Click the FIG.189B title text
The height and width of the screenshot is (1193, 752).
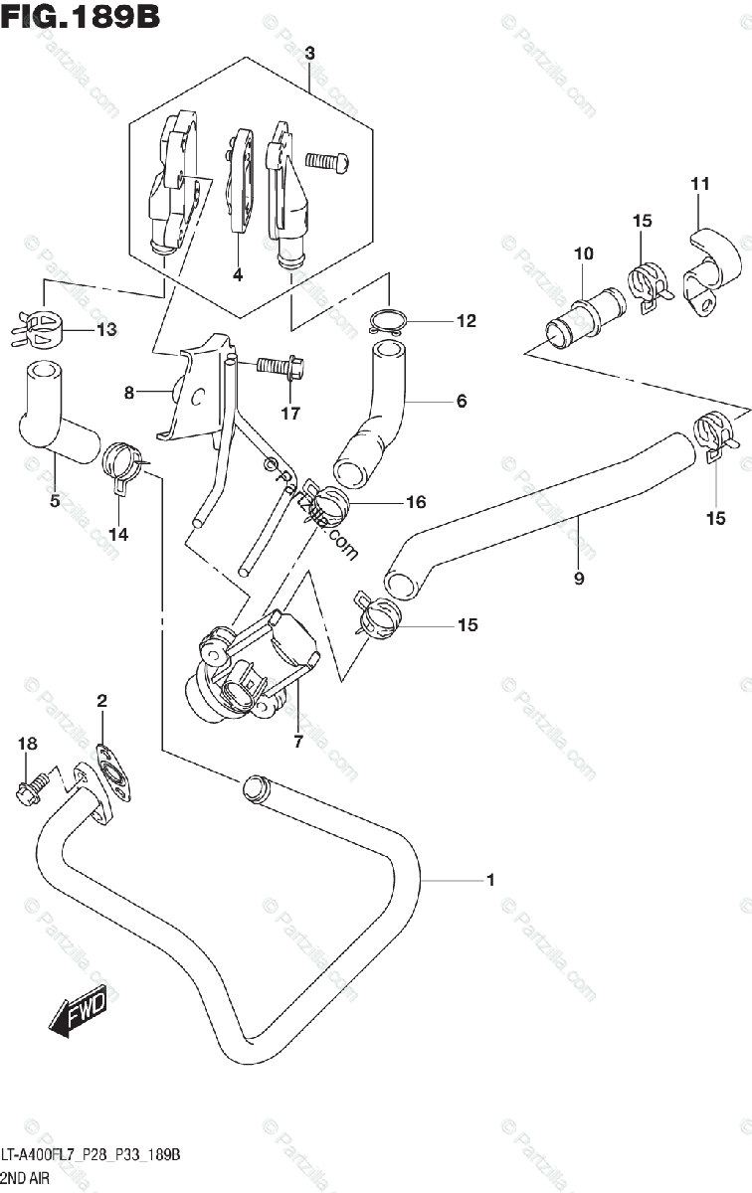click(80, 17)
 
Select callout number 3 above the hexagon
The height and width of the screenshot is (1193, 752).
click(309, 54)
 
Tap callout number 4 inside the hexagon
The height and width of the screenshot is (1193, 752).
click(238, 275)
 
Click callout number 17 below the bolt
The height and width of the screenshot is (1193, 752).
click(289, 414)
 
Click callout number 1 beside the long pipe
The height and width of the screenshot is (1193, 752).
click(490, 879)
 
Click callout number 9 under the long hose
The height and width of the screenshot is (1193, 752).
click(579, 578)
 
